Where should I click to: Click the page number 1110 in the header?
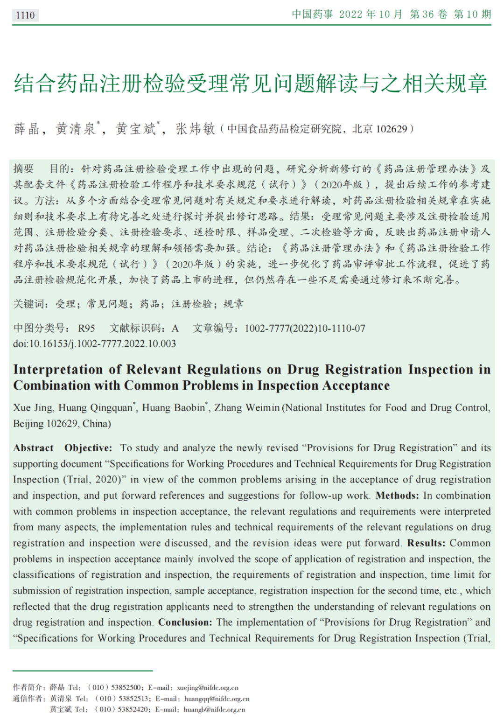coord(25,15)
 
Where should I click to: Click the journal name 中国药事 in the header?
coord(312,14)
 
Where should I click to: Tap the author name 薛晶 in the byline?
coord(27,129)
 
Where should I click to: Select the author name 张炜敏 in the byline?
coord(195,129)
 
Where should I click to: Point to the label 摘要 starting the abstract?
coord(24,169)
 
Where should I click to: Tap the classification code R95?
coord(86,329)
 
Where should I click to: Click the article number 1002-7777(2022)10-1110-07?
coord(305,329)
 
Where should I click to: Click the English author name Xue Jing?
coord(33,408)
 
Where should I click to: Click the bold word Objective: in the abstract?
coord(88,448)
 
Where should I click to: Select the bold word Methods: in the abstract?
coord(397,496)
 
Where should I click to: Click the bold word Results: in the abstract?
coord(426,543)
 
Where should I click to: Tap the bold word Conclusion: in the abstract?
coord(185,622)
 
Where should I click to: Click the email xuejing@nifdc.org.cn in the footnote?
coord(208,687)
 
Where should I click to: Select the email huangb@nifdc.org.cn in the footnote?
coord(214,709)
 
